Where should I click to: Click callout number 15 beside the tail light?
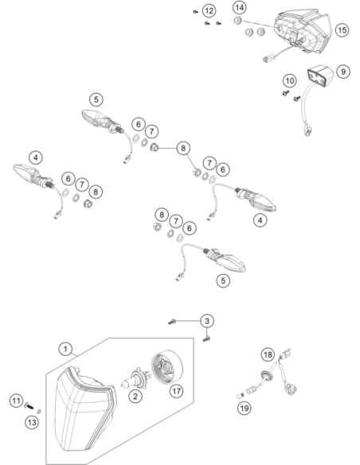coord(342,30)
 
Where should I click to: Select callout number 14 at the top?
coord(239,7)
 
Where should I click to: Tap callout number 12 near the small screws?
coord(209,11)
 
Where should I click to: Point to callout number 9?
coord(343,72)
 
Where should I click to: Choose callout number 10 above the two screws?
coord(290,80)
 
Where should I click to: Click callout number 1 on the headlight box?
coord(65,349)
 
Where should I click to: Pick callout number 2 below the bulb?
coord(135,396)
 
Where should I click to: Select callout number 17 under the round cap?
coord(177,391)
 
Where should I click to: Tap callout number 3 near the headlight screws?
coord(207,321)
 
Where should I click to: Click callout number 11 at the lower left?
coord(16,401)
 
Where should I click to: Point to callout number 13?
coord(32,422)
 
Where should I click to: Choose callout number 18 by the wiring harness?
coord(268,354)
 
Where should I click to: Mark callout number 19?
coord(245,408)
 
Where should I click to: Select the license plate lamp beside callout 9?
coord(320,76)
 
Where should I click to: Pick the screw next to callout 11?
coord(29,405)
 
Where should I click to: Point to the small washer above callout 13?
coord(39,412)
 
